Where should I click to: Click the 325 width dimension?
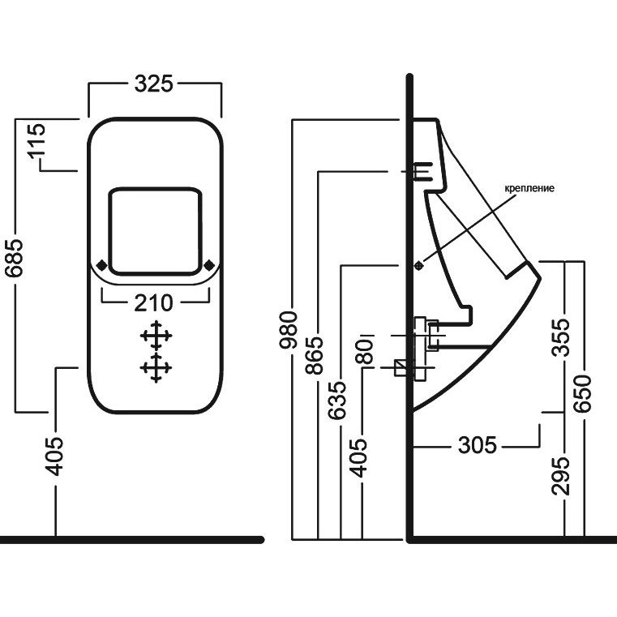tap(154, 84)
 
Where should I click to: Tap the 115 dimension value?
tap(34, 144)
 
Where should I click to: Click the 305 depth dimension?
tap(477, 445)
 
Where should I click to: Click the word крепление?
tap(529, 188)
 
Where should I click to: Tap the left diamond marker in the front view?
tap(101, 264)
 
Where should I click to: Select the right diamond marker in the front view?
tap(209, 264)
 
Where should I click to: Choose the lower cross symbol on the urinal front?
tap(156, 367)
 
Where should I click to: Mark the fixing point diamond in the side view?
tap(419, 264)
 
